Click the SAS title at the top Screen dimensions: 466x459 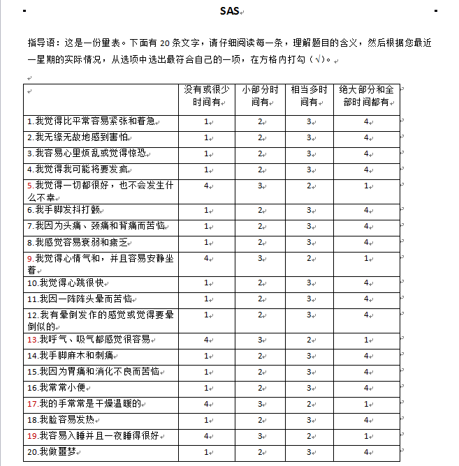pyautogui.click(x=229, y=10)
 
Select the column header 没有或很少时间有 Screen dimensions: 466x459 pyautogui.click(x=206, y=96)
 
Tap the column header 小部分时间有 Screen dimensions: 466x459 pyautogui.click(x=261, y=96)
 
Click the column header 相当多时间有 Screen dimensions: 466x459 pyautogui.click(x=309, y=96)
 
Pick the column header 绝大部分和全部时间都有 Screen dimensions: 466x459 pyautogui.click(x=366, y=96)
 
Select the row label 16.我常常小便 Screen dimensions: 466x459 pyautogui.click(x=59, y=387)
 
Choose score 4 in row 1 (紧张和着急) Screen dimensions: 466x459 pyautogui.click(x=366, y=121)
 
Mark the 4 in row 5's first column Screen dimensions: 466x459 pyautogui.click(x=206, y=186)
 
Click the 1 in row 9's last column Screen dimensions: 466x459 pyautogui.click(x=366, y=258)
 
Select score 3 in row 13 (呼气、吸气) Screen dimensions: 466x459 pyautogui.click(x=261, y=339)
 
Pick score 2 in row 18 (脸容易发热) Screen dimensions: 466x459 pyautogui.click(x=261, y=420)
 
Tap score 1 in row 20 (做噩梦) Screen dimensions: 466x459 pyautogui.click(x=206, y=452)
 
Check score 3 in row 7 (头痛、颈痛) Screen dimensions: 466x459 pyautogui.click(x=309, y=225)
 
